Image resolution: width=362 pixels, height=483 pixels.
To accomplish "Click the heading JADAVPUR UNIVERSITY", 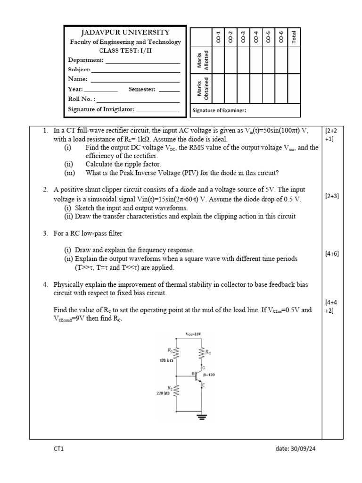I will [125, 33].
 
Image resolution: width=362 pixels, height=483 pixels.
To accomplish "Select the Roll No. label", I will [81, 99].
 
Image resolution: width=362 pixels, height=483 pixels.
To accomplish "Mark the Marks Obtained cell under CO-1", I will [218, 88].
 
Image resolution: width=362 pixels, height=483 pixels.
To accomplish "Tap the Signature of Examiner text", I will [219, 111].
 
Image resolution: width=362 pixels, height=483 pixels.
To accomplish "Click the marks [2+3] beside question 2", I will [332, 197].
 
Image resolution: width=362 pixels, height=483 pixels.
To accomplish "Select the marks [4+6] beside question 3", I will [332, 253].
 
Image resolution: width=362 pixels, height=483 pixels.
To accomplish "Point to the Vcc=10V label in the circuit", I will [193, 334].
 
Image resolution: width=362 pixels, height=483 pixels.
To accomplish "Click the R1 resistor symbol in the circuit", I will [176, 352].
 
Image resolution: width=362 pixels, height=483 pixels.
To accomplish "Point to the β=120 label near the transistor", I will [209, 375].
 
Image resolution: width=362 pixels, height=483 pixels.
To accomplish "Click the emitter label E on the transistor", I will [204, 385].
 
